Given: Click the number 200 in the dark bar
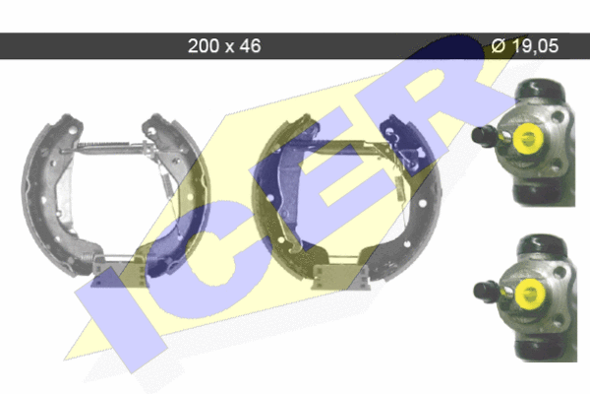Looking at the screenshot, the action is pos(204,46).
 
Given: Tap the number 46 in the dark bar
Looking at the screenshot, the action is pos(250,46).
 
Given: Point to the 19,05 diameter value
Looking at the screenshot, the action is pos(535,46).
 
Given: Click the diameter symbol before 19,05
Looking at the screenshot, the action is pos(499,46).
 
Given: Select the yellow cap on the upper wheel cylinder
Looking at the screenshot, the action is pos(527,139).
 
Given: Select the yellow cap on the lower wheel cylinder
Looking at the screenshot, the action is pos(530,295).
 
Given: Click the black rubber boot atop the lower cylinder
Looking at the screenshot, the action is pos(542,245).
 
